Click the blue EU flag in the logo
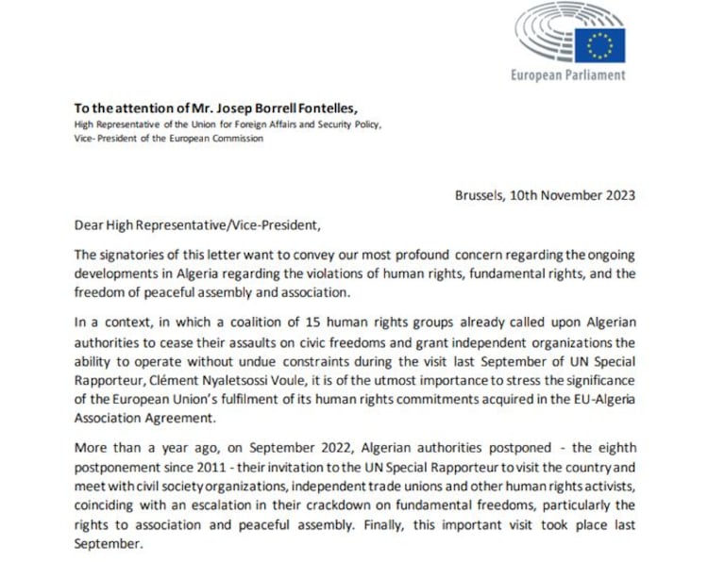pyautogui.click(x=599, y=43)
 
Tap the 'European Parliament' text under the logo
pyautogui.click(x=567, y=74)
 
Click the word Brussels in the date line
pyautogui.click(x=479, y=196)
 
